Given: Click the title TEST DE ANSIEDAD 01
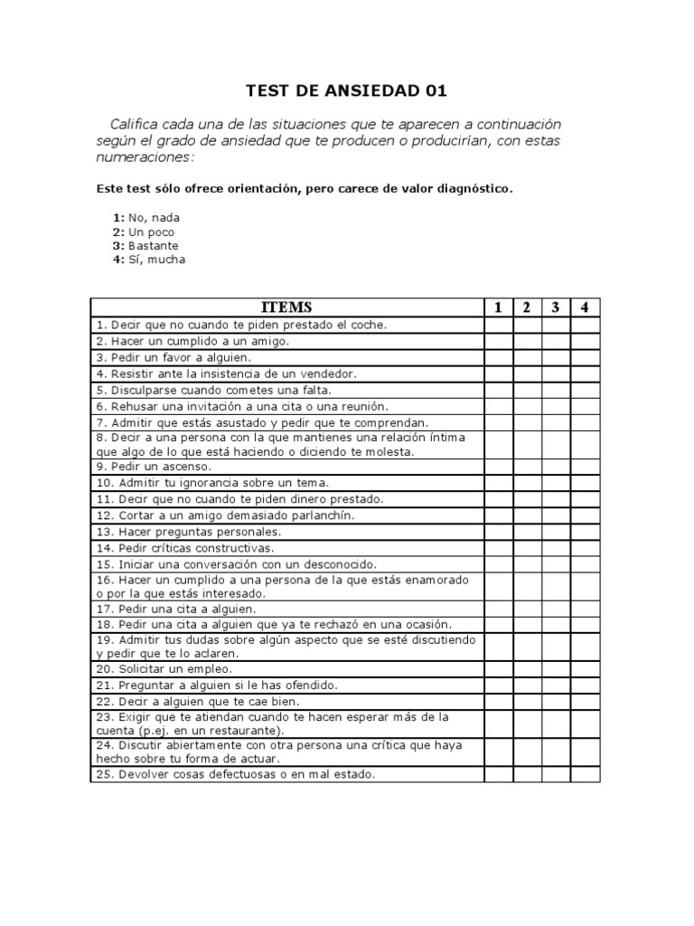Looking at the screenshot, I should coord(347,91).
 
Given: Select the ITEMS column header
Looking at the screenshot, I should coord(286,307).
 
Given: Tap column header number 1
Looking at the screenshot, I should coord(498,307).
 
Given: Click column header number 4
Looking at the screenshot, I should coord(585,307).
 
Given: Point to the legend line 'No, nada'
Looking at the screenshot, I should coord(154,218).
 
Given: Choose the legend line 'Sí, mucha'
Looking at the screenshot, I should coord(156,260).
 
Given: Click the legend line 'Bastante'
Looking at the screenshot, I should coord(153,246).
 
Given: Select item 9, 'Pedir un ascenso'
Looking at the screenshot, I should coord(153,467).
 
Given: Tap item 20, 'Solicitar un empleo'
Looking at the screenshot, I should coord(163,669).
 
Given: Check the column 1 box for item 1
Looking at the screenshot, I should coord(498,325).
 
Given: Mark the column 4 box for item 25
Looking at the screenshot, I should coord(585,775).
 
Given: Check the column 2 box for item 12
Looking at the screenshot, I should coord(527,515).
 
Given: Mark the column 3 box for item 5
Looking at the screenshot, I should coord(556,390).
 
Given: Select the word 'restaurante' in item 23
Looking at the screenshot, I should coord(247,731).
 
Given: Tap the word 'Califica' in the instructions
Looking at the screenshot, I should coord(136,124).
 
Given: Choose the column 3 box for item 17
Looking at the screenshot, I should coord(556,609).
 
